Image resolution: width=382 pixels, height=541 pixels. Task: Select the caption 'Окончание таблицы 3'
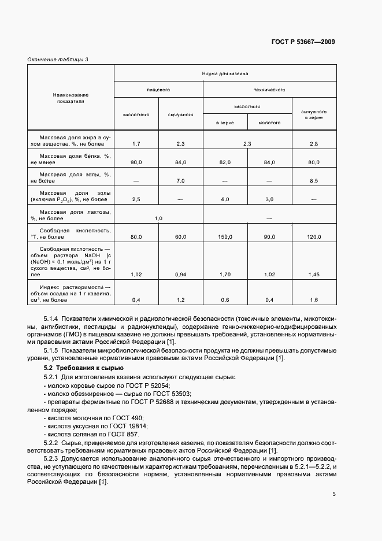click(57, 59)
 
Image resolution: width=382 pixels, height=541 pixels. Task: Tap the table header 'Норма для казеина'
click(225, 74)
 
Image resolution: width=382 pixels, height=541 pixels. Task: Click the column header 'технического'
click(270, 91)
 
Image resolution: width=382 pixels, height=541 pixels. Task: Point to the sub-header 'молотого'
click(269, 123)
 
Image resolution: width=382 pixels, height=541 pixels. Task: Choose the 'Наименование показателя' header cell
click(71, 97)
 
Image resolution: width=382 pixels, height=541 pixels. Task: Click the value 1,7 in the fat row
click(136, 143)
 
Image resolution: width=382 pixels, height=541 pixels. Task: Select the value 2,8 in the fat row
click(314, 143)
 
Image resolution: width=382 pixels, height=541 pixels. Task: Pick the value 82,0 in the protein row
click(225, 162)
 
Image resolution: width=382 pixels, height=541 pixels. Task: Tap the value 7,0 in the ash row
click(180, 181)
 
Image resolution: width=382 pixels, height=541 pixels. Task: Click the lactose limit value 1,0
click(158, 218)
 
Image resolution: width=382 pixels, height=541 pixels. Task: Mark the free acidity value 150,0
click(225, 237)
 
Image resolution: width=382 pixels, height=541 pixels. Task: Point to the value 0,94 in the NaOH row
click(180, 275)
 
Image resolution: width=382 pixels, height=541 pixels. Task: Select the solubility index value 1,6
click(314, 299)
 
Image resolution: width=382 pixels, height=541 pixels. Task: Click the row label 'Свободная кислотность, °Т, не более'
click(71, 234)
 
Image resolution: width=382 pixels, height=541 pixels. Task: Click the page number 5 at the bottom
click(333, 494)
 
